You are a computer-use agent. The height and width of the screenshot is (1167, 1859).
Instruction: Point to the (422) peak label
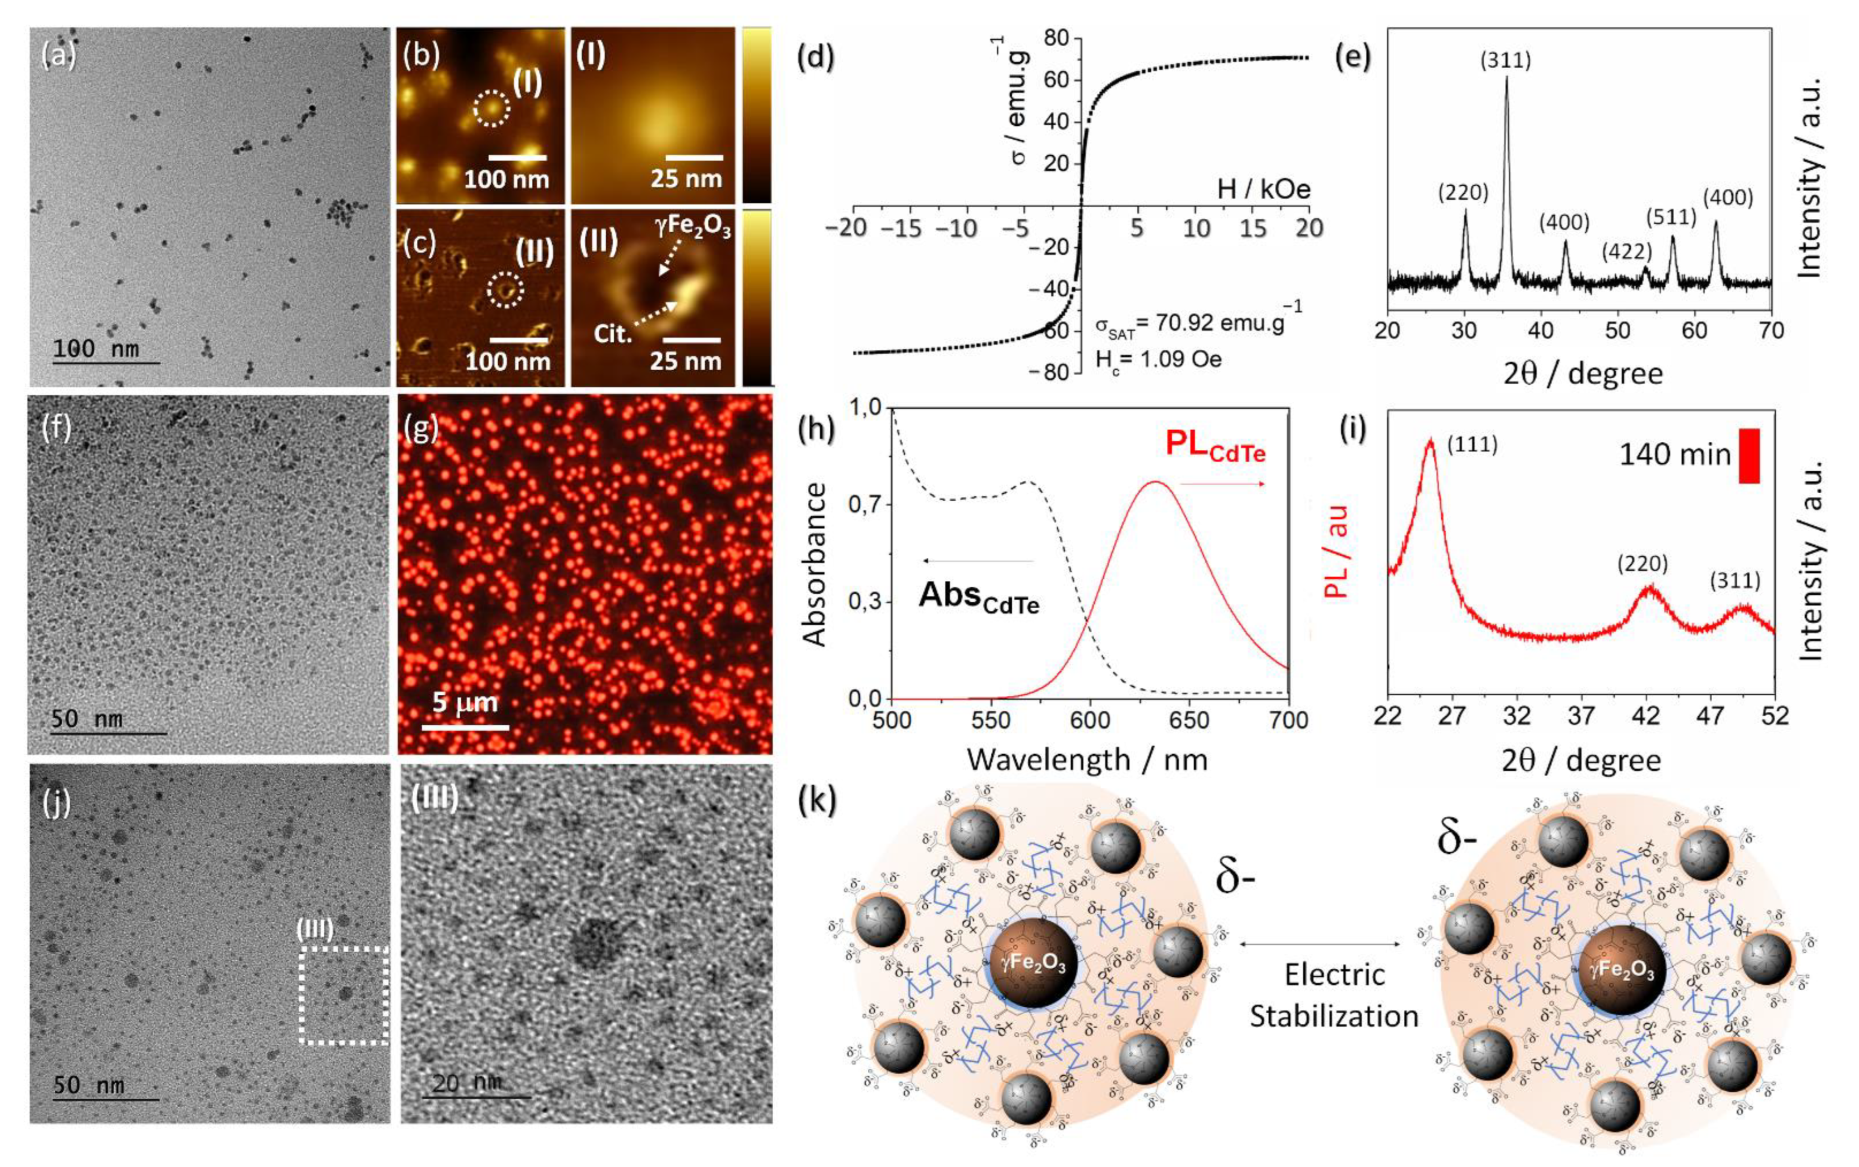(1627, 252)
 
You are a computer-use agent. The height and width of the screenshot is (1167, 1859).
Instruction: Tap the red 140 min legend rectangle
(1749, 456)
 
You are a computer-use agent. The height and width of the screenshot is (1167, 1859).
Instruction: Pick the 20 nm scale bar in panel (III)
(476, 1096)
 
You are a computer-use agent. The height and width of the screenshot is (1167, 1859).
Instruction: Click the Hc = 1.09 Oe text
(1158, 359)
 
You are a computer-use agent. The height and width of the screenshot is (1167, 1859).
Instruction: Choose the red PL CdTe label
(1214, 446)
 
